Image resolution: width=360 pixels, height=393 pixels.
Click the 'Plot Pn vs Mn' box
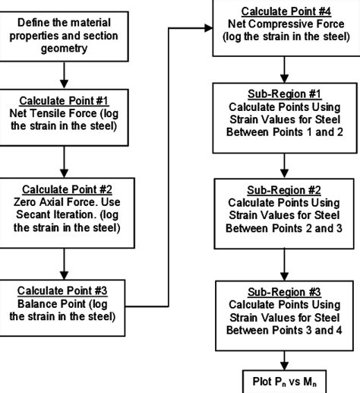coord(286,380)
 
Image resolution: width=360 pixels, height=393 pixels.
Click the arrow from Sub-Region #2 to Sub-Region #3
coord(286,260)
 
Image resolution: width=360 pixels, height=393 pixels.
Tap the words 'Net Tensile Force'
coord(55,114)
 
